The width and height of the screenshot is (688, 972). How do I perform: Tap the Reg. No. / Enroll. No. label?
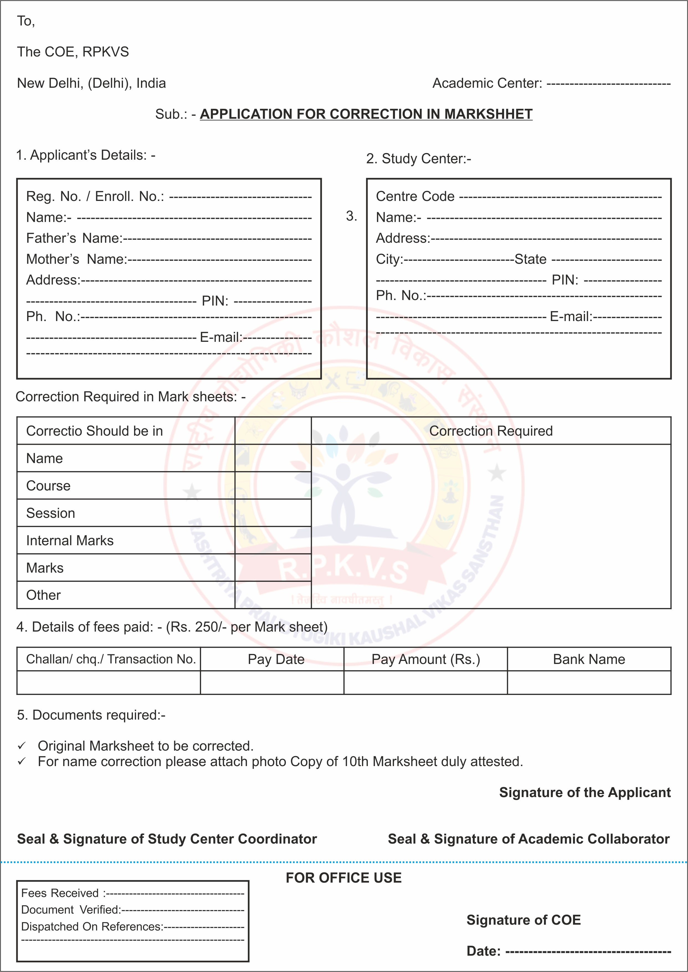coord(95,197)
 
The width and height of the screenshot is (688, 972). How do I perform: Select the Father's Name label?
coord(74,238)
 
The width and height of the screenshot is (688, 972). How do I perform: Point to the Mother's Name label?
coord(77,259)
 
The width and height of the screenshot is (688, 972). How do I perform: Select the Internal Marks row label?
coord(70,541)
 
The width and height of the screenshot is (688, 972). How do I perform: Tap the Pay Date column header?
coord(276,660)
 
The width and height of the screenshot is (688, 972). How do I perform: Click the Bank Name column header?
coord(589,660)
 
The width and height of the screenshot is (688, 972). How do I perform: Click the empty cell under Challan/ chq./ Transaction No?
coord(109,683)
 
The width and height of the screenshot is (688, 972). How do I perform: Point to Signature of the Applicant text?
coord(585,792)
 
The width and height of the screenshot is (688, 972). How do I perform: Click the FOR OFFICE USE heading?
coord(343,878)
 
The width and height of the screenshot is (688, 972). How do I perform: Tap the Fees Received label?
coord(60,893)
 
